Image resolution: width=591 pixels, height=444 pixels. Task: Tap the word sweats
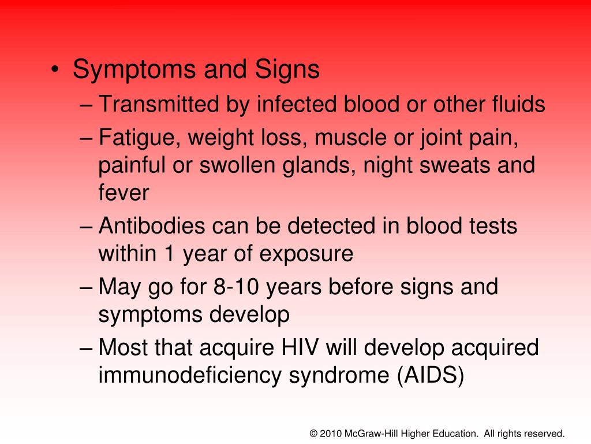[x=454, y=165]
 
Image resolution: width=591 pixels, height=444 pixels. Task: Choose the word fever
[x=124, y=193]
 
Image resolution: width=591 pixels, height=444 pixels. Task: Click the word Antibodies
[x=152, y=226]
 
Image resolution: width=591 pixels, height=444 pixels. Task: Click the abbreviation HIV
[x=300, y=348]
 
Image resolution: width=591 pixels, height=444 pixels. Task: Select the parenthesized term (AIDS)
[x=429, y=376]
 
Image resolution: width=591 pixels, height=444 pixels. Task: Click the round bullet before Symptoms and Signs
[x=54, y=71]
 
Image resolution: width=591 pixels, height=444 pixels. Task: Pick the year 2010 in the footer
[x=331, y=433]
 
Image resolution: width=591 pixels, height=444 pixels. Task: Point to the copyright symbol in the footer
[x=314, y=433]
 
